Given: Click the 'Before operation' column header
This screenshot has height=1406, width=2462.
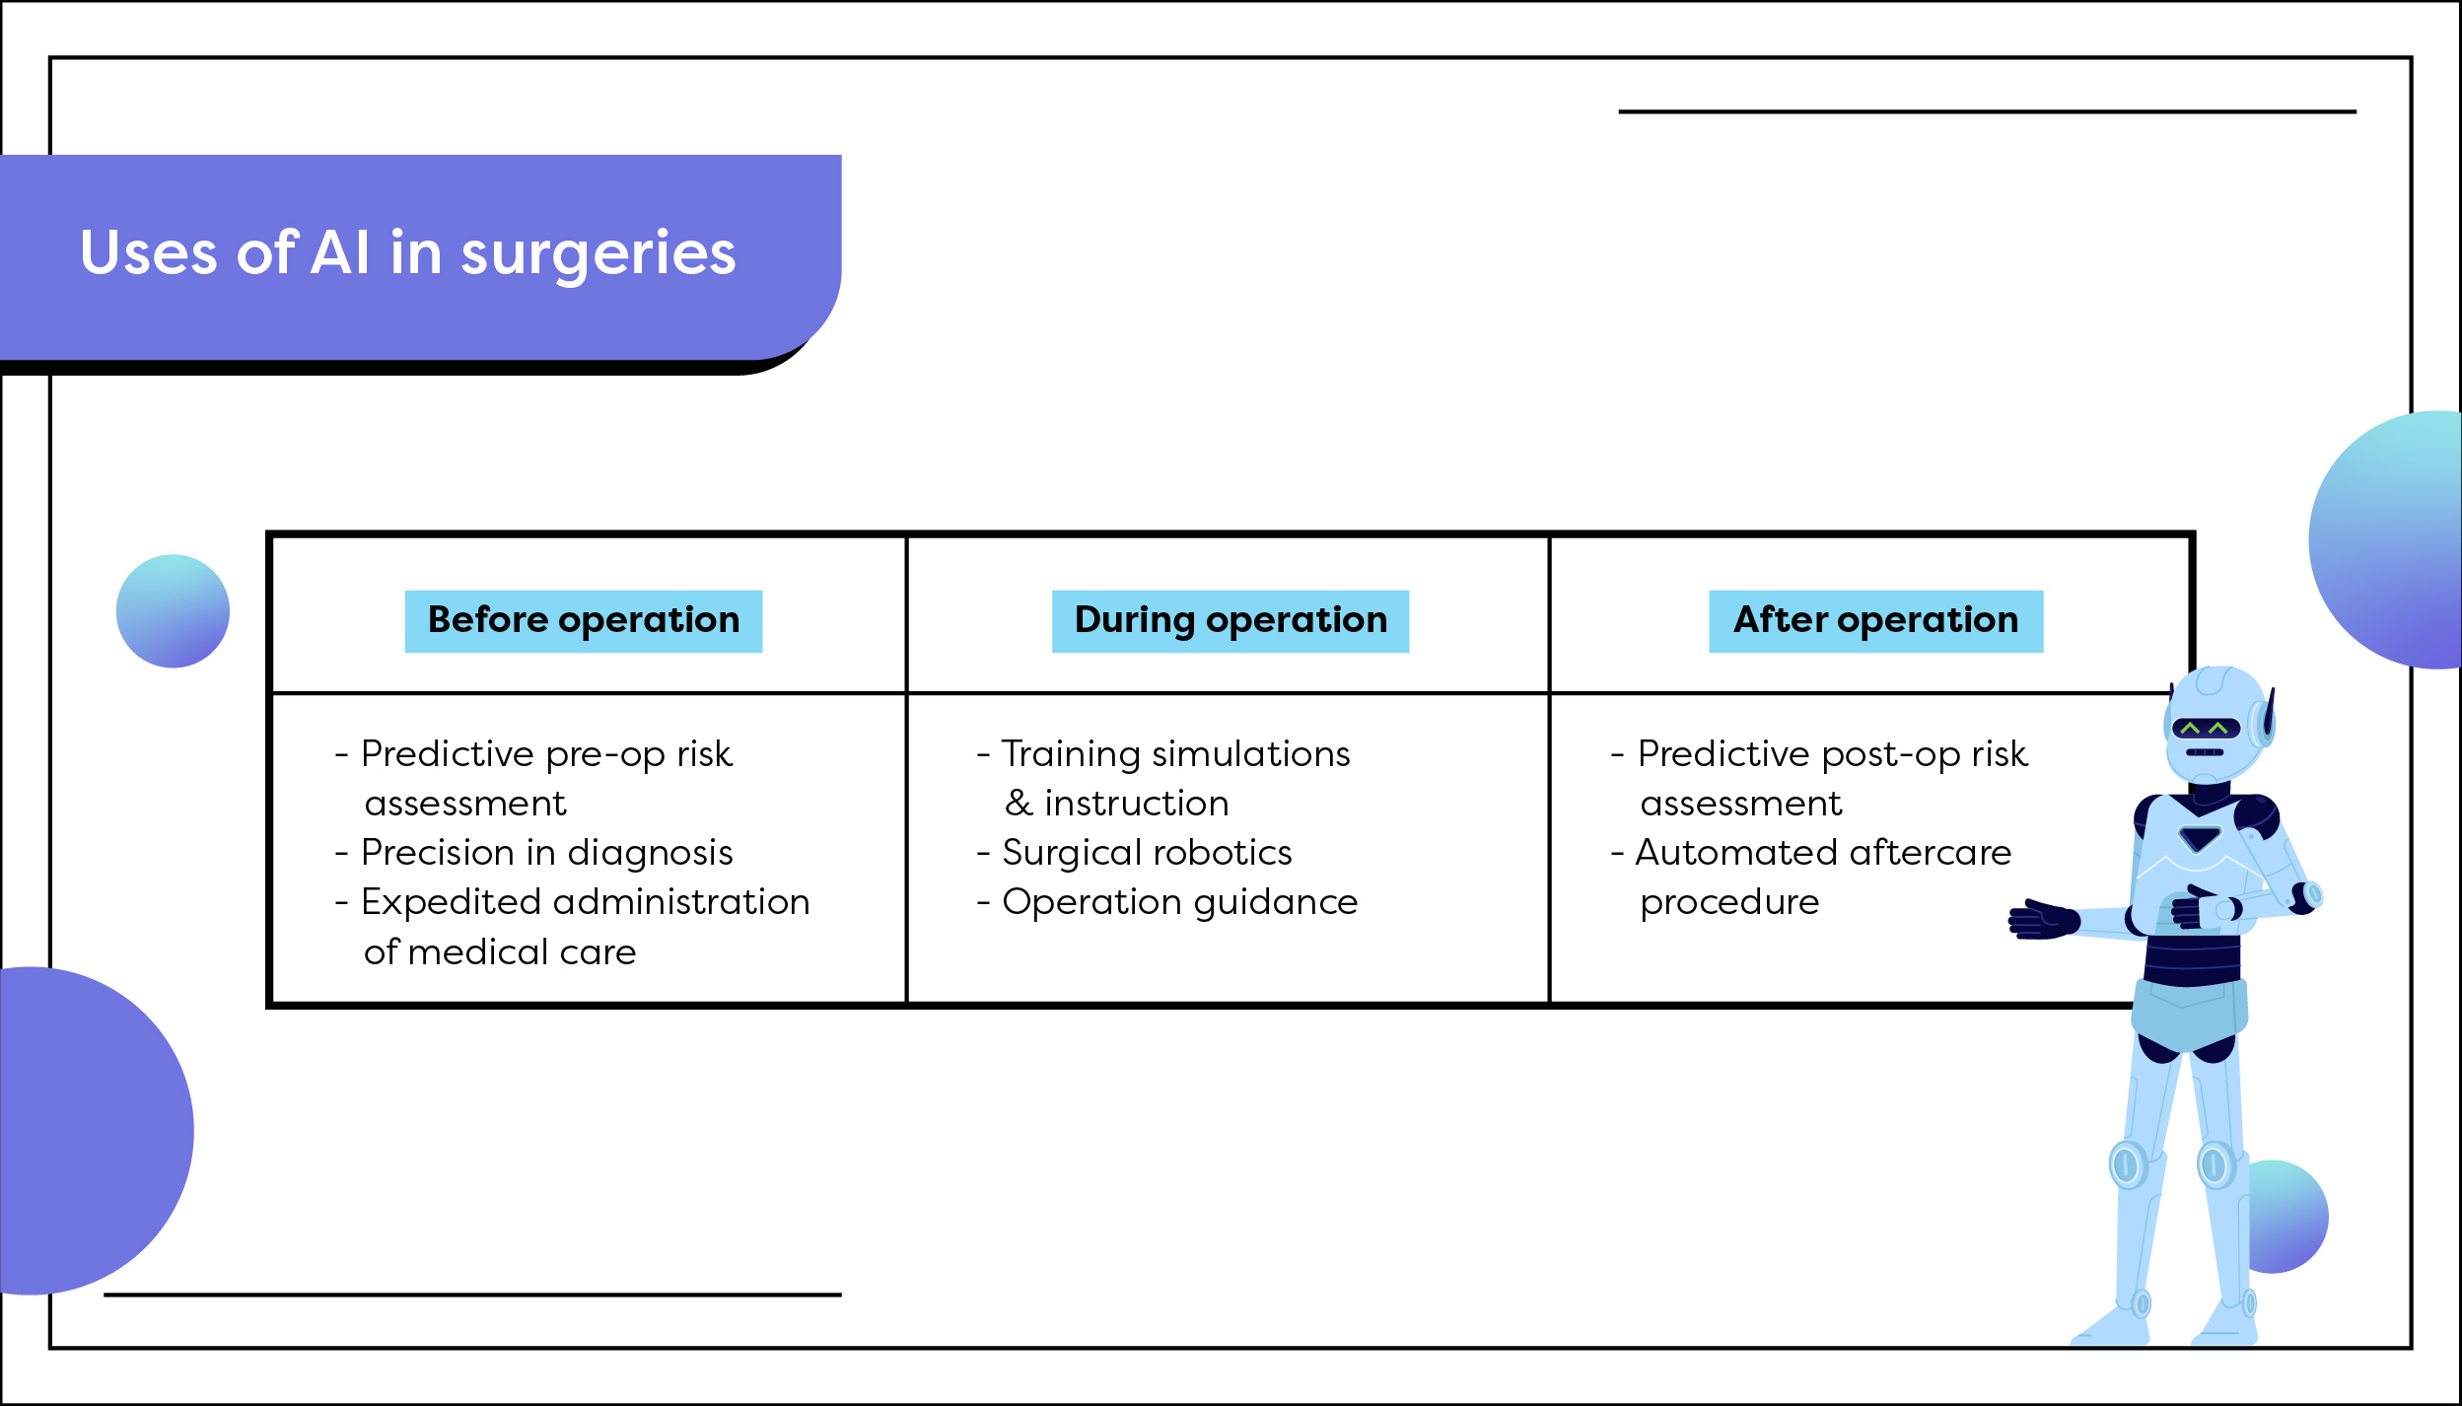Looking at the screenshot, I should click(x=583, y=621).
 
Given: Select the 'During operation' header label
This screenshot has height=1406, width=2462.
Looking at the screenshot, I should click(x=1230, y=621).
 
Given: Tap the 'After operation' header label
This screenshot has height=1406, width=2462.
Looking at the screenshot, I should click(x=1875, y=621).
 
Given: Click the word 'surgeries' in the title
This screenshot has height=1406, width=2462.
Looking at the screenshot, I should click(x=598, y=253).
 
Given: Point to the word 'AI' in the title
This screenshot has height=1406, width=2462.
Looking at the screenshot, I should click(x=340, y=253).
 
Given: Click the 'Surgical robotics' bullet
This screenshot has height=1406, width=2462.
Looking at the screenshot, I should click(x=1146, y=853).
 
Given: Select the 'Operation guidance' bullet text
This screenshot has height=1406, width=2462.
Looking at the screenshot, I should click(x=1179, y=902).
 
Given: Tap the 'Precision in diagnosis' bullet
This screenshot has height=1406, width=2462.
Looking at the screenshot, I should click(x=546, y=853).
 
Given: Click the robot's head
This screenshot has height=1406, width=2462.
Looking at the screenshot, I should click(x=2215, y=725).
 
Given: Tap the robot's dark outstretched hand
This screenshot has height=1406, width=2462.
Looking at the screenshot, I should click(x=2043, y=919).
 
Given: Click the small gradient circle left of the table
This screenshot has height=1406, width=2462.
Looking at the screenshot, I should click(x=173, y=611).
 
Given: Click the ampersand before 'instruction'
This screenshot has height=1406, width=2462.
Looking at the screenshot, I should click(x=1018, y=804).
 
